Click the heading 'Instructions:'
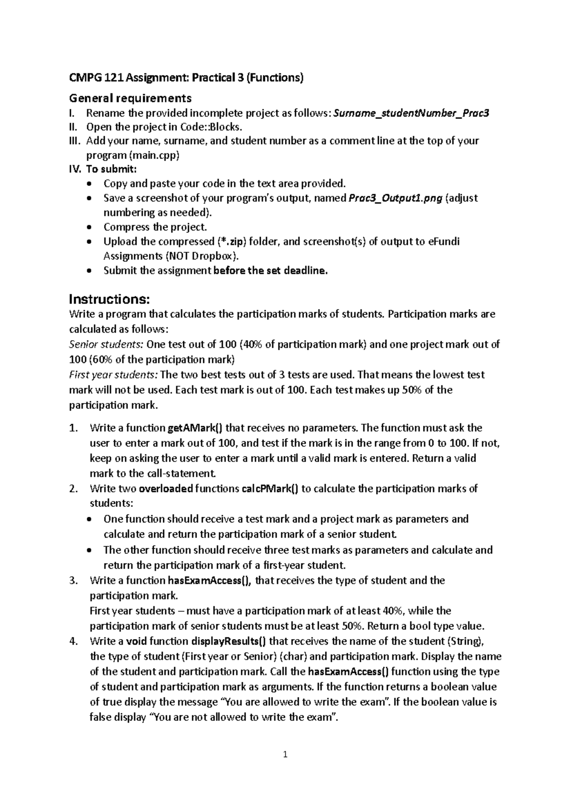coord(109,299)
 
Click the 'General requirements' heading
coord(130,98)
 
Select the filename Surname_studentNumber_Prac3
coord(412,113)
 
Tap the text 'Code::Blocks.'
coord(211,127)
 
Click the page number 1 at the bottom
coord(285,754)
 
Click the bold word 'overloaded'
coord(166,489)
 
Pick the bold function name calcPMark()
coord(270,489)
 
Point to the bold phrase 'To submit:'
coord(111,168)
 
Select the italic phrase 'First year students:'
coord(115,374)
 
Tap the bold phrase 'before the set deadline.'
coord(271,271)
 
